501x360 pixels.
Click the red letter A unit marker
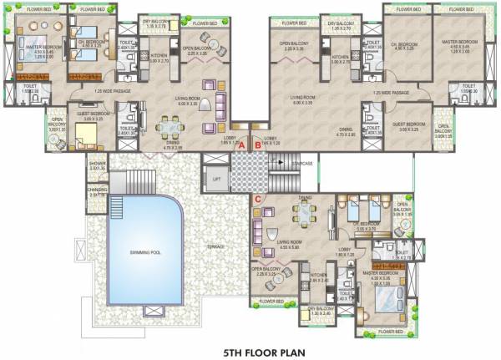click(242, 145)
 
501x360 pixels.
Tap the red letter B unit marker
click(258, 145)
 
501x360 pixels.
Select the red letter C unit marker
click(258, 199)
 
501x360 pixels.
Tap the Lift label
click(216, 179)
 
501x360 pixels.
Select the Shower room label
click(98, 165)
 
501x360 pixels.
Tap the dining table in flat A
click(172, 129)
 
